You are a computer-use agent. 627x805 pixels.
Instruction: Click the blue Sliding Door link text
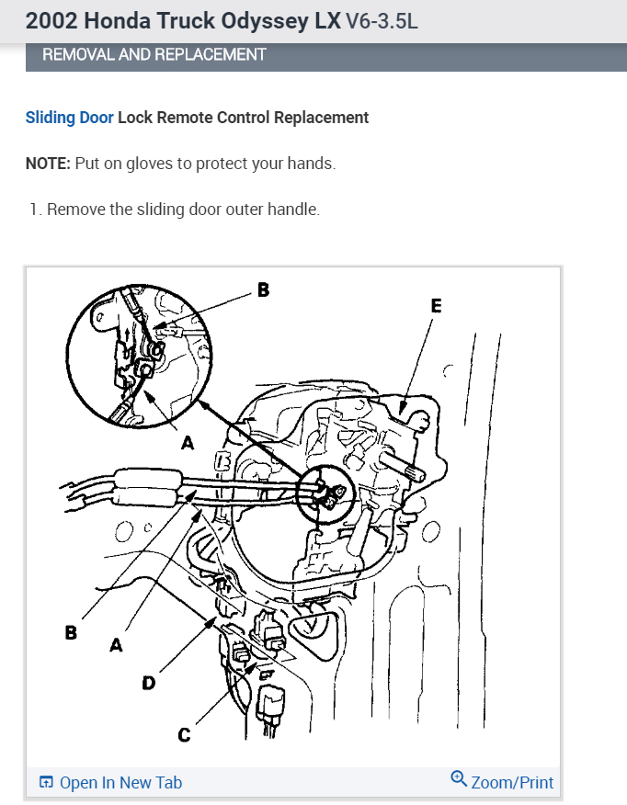[x=70, y=118]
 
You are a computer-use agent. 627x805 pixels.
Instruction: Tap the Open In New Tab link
[x=120, y=783]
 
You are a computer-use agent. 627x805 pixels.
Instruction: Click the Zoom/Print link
[x=512, y=783]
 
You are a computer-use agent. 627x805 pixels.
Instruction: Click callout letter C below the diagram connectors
[x=184, y=734]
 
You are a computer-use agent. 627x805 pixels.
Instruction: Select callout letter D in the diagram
[x=148, y=683]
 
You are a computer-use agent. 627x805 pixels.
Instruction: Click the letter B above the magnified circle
[x=263, y=289]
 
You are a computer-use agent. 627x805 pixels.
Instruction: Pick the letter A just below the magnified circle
[x=188, y=443]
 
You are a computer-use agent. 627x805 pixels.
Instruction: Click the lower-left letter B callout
[x=71, y=633]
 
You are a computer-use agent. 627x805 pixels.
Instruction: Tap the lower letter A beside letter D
[x=116, y=646]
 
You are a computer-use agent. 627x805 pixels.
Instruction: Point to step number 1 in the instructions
[x=34, y=210]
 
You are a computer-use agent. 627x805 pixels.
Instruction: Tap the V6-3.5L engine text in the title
[x=381, y=20]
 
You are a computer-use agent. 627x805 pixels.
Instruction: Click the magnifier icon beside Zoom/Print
[x=459, y=779]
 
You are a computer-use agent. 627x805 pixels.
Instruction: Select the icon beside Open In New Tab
[x=46, y=783]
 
